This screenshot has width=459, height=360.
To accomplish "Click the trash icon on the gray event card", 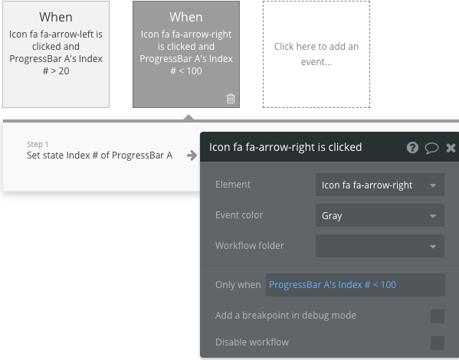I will [x=231, y=98].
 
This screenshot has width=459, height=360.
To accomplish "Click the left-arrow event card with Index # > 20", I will [x=56, y=54].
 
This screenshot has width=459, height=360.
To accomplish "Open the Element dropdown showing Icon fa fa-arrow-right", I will [x=379, y=185].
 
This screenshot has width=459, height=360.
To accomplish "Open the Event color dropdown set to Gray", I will [x=379, y=215].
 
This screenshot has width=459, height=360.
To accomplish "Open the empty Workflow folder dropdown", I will [x=379, y=246].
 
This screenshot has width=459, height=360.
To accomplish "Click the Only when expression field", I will [x=355, y=285].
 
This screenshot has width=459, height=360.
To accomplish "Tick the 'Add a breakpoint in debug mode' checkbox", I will [x=437, y=316].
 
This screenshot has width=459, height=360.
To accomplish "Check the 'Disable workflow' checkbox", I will [x=437, y=342].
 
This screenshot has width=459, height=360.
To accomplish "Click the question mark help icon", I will [x=412, y=148].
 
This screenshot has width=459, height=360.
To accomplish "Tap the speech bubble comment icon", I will [x=431, y=148].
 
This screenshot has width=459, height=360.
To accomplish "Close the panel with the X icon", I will [x=451, y=148].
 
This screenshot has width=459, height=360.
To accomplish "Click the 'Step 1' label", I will [x=38, y=144].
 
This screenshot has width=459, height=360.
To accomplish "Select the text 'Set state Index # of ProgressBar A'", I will [x=100, y=155].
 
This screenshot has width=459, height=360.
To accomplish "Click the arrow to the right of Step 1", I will [x=192, y=155].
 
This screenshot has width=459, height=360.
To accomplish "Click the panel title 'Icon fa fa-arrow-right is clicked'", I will [x=286, y=147].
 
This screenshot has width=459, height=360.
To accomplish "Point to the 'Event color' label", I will [x=239, y=215].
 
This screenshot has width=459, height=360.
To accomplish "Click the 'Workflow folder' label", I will [x=250, y=246].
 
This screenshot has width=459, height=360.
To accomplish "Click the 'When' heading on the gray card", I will [x=186, y=17].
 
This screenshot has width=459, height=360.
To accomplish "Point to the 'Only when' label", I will [x=238, y=285].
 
